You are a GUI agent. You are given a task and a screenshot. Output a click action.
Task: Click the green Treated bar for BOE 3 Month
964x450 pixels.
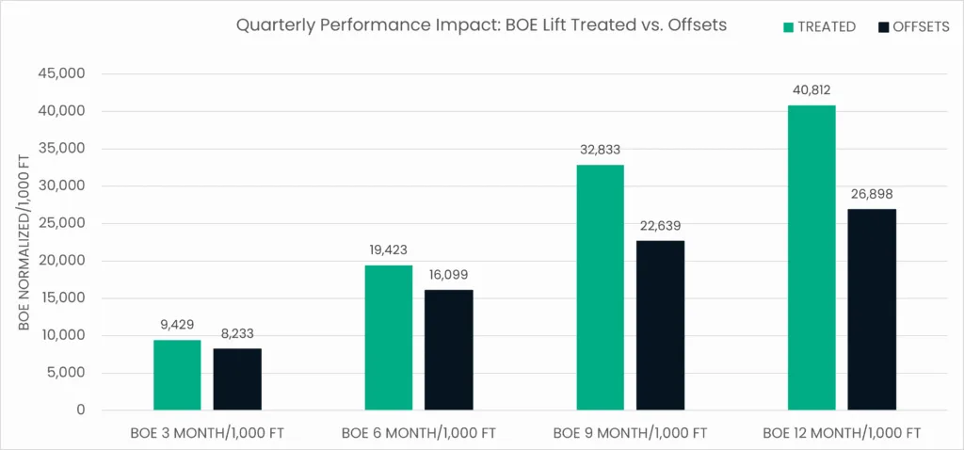[x=177, y=375]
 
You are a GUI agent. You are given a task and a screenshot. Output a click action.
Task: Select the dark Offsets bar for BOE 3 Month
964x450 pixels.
[x=237, y=379]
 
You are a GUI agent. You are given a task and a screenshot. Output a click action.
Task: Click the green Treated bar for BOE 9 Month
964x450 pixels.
[x=600, y=287]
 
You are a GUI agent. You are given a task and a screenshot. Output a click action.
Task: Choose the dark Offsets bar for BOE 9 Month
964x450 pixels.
[x=660, y=325]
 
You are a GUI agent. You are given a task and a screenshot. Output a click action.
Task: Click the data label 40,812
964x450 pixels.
[x=811, y=90]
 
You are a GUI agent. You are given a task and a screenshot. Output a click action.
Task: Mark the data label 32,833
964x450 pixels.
[x=600, y=150]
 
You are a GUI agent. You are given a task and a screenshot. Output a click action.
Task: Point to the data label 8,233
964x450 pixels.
[x=237, y=333]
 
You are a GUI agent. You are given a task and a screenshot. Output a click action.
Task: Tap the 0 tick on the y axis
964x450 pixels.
[x=81, y=410]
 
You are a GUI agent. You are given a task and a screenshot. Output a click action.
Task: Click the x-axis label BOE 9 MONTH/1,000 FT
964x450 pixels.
[x=630, y=433]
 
